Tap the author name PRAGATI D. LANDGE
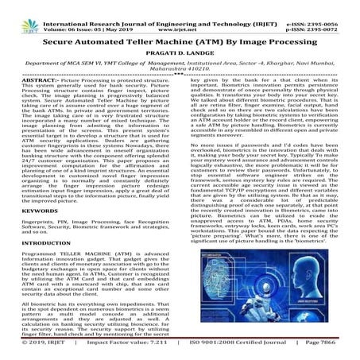(180, 49)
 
